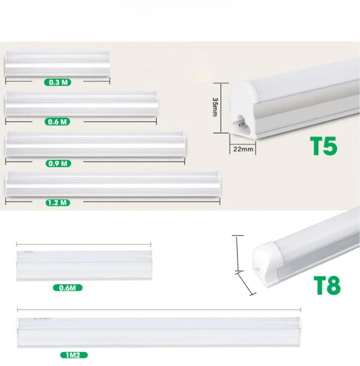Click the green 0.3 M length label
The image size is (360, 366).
(x=58, y=82)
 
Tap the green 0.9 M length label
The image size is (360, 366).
(x=58, y=163)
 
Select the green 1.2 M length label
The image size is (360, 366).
(x=58, y=203)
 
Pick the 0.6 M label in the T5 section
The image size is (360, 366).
(x=57, y=122)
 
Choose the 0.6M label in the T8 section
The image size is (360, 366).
(x=67, y=288)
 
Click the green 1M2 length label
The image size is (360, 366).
(x=74, y=355)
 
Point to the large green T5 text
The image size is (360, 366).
(x=324, y=146)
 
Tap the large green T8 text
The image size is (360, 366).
(x=327, y=285)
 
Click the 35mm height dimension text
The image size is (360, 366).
(x=215, y=107)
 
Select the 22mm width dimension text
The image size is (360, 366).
(x=243, y=149)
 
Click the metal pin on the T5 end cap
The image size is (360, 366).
(x=240, y=123)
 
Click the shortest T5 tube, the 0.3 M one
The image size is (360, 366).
(x=58, y=64)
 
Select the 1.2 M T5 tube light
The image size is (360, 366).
(x=113, y=184)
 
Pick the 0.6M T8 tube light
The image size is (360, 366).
(x=84, y=266)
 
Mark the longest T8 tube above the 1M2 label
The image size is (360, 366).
(x=159, y=331)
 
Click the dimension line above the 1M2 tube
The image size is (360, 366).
(x=159, y=310)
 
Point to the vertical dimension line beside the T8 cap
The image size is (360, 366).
(x=238, y=253)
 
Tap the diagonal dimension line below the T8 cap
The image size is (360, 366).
(x=246, y=283)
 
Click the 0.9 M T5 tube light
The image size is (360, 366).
(x=96, y=145)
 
